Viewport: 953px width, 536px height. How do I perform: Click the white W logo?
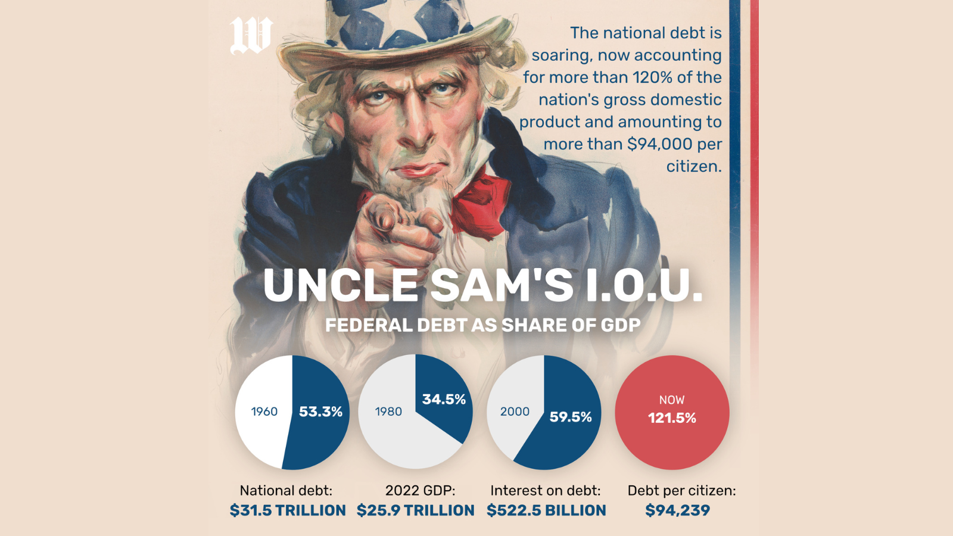click(x=251, y=35)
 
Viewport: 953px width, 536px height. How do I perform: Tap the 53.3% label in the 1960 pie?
click(x=320, y=412)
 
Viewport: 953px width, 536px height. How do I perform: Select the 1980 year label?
click(x=388, y=412)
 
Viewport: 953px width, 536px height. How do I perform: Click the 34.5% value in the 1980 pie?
click(x=444, y=399)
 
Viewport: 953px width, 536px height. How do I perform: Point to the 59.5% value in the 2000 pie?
click(x=571, y=417)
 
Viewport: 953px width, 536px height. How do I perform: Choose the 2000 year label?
click(x=515, y=412)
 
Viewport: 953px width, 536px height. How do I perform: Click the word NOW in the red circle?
click(x=672, y=400)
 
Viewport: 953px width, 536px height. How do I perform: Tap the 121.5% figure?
click(x=672, y=418)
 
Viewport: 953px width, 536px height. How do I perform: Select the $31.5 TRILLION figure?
click(x=288, y=510)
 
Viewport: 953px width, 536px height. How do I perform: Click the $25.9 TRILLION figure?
click(x=416, y=510)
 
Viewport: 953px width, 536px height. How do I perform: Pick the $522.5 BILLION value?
click(x=546, y=510)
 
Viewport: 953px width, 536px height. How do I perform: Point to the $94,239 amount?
click(x=678, y=510)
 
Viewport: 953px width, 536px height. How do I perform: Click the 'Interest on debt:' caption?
click(x=546, y=491)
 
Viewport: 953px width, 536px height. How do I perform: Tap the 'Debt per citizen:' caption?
click(x=681, y=491)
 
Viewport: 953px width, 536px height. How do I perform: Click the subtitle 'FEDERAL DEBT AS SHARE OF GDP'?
click(x=483, y=325)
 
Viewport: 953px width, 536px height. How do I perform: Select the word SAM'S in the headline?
click(x=502, y=285)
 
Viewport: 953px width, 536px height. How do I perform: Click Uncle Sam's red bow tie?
click(x=479, y=202)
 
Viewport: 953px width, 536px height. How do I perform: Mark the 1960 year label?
click(x=264, y=412)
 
